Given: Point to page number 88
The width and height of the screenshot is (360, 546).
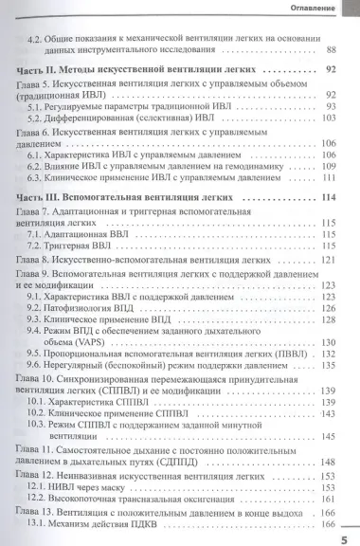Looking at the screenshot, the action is (331, 48).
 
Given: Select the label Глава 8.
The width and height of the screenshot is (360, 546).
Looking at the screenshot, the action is (39, 259).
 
